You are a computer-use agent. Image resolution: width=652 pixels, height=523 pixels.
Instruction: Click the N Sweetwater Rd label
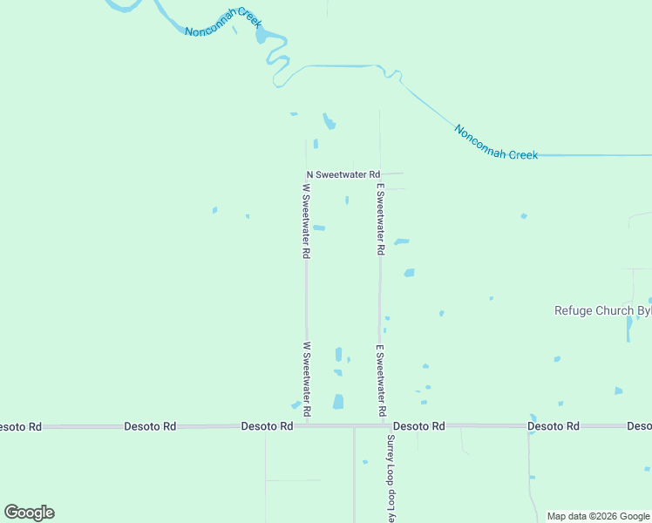(x=343, y=174)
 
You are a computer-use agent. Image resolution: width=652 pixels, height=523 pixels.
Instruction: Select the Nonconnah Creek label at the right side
(x=495, y=142)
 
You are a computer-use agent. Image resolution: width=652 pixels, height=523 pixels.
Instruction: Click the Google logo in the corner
(x=29, y=513)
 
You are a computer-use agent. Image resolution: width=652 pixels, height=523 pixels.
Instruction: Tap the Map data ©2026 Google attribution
(x=598, y=516)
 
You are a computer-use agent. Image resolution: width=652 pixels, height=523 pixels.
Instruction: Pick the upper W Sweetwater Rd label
(x=306, y=220)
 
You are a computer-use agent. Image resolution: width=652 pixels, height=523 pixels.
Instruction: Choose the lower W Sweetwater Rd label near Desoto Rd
(x=306, y=377)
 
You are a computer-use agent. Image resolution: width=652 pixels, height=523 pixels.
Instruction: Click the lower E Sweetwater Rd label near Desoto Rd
(x=381, y=379)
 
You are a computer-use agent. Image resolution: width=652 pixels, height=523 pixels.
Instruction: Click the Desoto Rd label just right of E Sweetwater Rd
(x=418, y=426)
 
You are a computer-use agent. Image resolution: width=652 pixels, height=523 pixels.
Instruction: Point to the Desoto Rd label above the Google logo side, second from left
(x=150, y=426)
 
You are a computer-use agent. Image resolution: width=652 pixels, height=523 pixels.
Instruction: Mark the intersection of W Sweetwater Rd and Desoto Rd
(x=306, y=426)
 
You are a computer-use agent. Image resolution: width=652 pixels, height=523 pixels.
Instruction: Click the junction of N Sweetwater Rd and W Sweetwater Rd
(x=306, y=174)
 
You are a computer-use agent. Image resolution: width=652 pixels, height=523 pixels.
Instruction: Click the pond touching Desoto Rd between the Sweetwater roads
(x=338, y=402)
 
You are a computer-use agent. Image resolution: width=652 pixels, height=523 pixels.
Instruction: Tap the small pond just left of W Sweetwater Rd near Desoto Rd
(x=295, y=405)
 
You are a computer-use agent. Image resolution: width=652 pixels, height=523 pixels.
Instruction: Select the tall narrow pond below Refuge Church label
(x=628, y=328)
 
